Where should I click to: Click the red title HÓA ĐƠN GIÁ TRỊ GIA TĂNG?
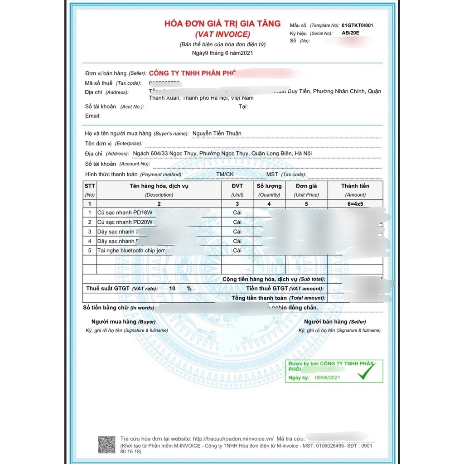(222, 24)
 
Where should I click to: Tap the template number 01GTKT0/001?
(360, 25)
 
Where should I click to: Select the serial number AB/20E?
(350, 33)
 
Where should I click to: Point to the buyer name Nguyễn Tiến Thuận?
(217, 133)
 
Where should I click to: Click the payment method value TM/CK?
(225, 174)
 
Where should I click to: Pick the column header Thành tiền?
(355, 186)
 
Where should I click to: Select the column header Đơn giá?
(306, 186)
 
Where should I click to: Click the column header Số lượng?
(269, 186)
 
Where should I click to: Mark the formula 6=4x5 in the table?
(355, 204)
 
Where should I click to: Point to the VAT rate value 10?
(172, 289)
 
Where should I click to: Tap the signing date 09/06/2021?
(327, 377)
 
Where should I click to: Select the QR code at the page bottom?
(107, 445)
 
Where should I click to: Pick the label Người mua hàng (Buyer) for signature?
(123, 322)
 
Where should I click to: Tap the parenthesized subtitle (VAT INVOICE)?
(222, 34)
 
